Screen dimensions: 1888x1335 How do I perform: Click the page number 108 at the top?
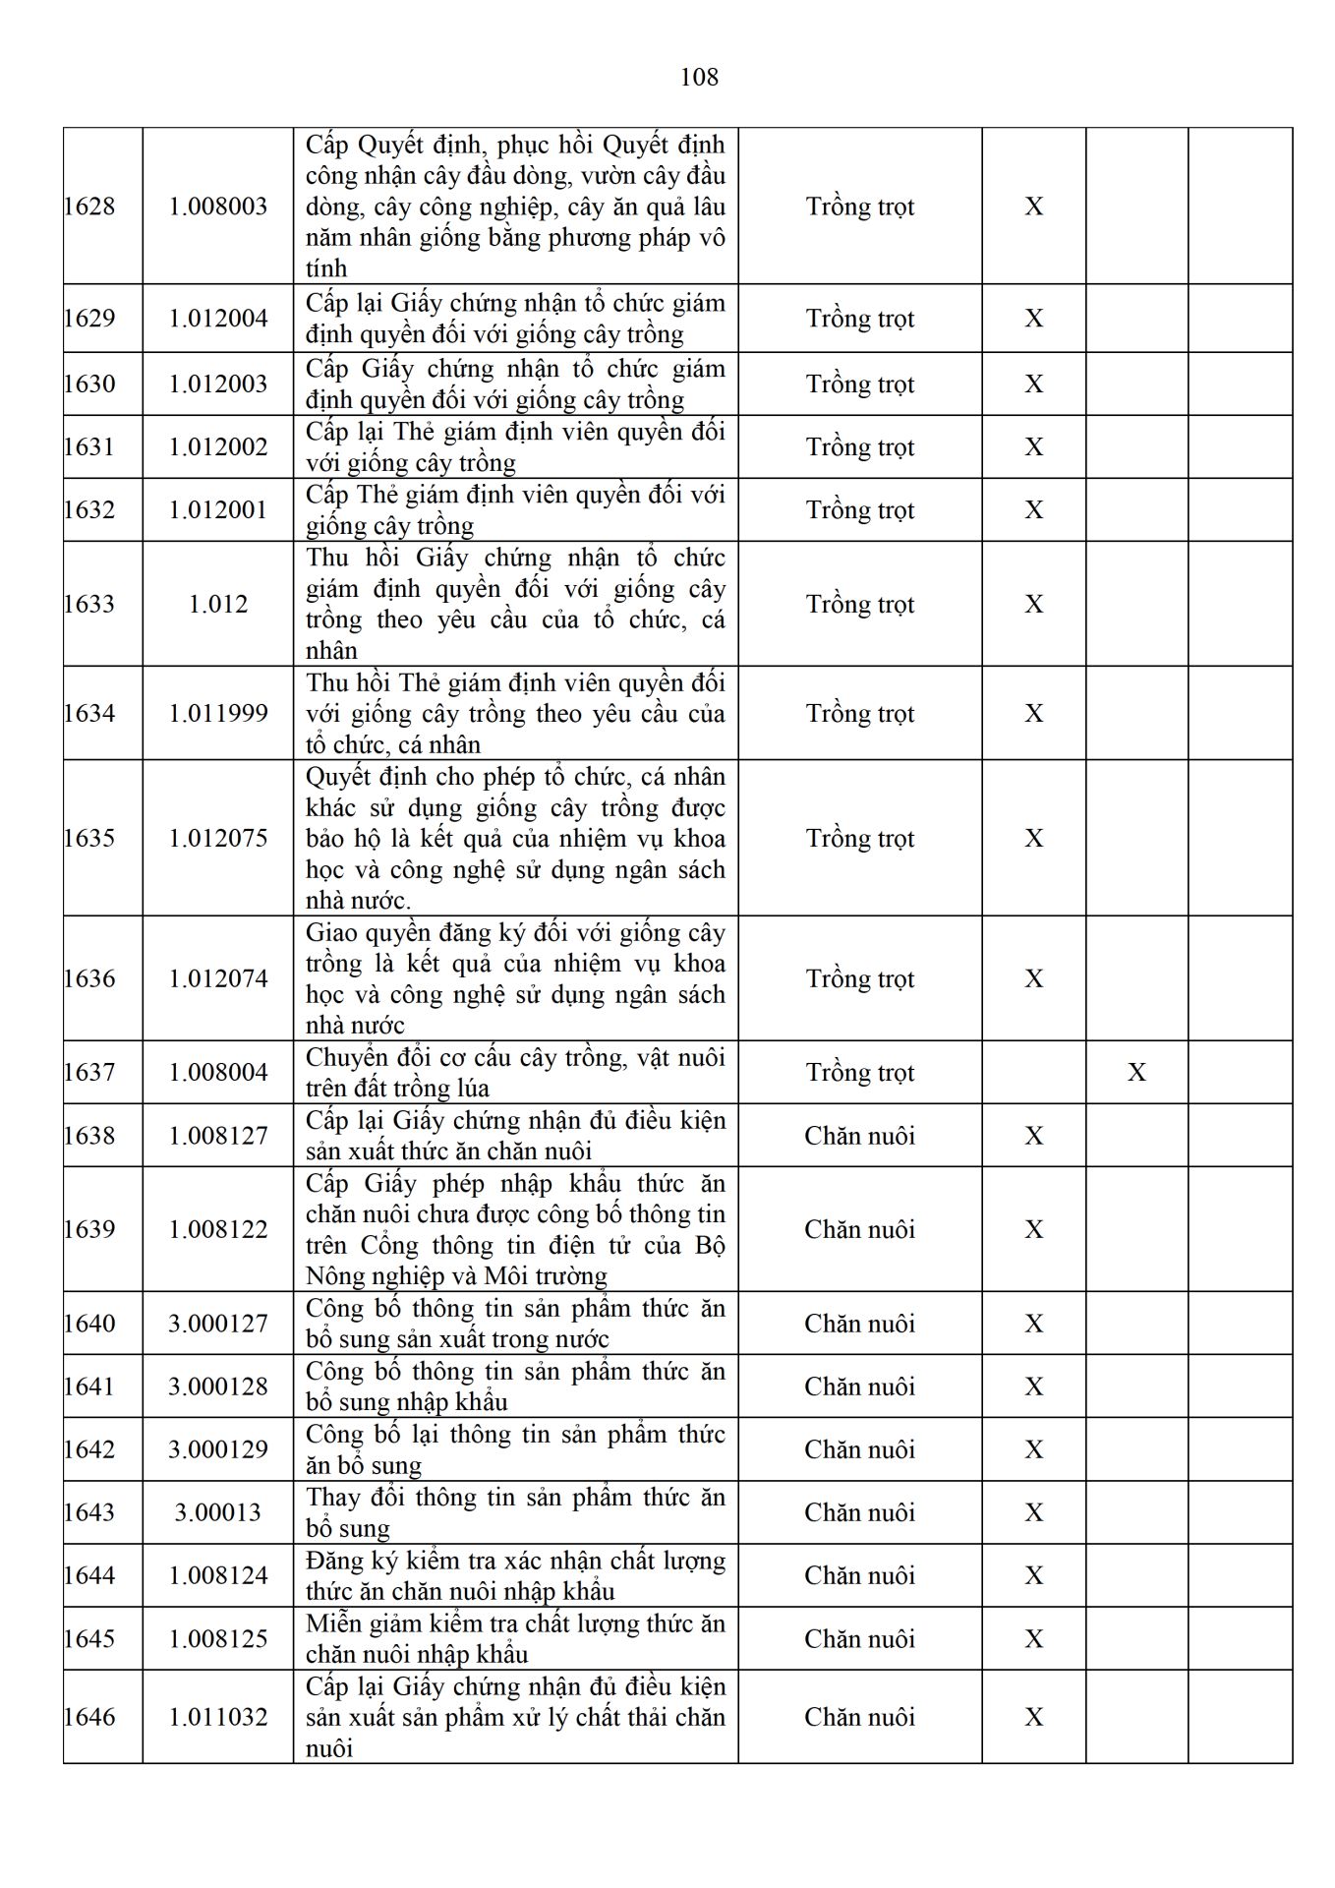(x=699, y=77)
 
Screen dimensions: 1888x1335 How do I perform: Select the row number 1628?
(x=89, y=206)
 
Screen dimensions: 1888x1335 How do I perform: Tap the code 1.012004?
(x=218, y=319)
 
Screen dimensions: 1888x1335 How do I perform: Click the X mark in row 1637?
(x=1136, y=1072)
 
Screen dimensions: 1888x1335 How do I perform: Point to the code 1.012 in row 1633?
(x=218, y=604)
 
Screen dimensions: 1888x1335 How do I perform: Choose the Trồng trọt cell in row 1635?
(x=860, y=838)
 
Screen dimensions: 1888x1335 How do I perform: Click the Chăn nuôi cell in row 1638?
(x=860, y=1136)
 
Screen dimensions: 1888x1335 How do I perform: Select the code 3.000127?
(x=218, y=1324)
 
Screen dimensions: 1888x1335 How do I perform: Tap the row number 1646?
(x=89, y=1717)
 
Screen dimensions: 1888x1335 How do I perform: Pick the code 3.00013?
(x=218, y=1512)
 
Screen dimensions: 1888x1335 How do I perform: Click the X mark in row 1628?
(x=1034, y=206)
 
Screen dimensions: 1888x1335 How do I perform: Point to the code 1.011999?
(x=218, y=713)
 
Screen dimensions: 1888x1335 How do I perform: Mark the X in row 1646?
(x=1034, y=1717)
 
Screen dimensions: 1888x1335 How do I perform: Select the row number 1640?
(x=89, y=1324)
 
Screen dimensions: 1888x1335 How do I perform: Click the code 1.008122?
(x=218, y=1229)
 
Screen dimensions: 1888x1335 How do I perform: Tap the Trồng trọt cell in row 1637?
(x=860, y=1072)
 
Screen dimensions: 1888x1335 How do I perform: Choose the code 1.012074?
(x=218, y=978)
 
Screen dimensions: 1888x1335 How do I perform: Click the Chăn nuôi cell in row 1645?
(x=860, y=1639)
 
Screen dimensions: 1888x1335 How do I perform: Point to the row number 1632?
(x=89, y=509)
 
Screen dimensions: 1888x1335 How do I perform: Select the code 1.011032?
(x=218, y=1717)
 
